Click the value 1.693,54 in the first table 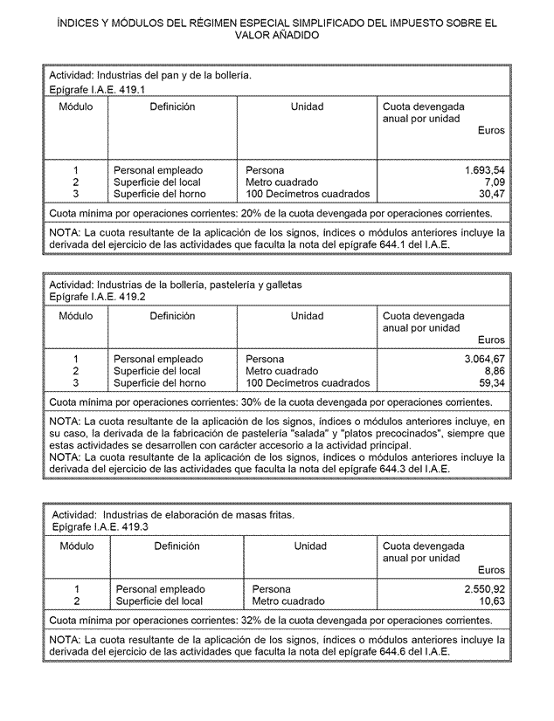pyautogui.click(x=485, y=169)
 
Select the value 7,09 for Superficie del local pyautogui.click(x=494, y=182)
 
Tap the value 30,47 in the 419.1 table pyautogui.click(x=491, y=194)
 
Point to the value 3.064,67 pyautogui.click(x=485, y=359)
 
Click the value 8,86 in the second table pyautogui.click(x=494, y=371)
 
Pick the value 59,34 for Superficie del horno pyautogui.click(x=491, y=383)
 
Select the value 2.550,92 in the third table pyautogui.click(x=485, y=589)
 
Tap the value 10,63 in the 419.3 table pyautogui.click(x=491, y=601)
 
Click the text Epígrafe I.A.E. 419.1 pyautogui.click(x=97, y=90)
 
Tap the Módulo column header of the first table pyautogui.click(x=76, y=106)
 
